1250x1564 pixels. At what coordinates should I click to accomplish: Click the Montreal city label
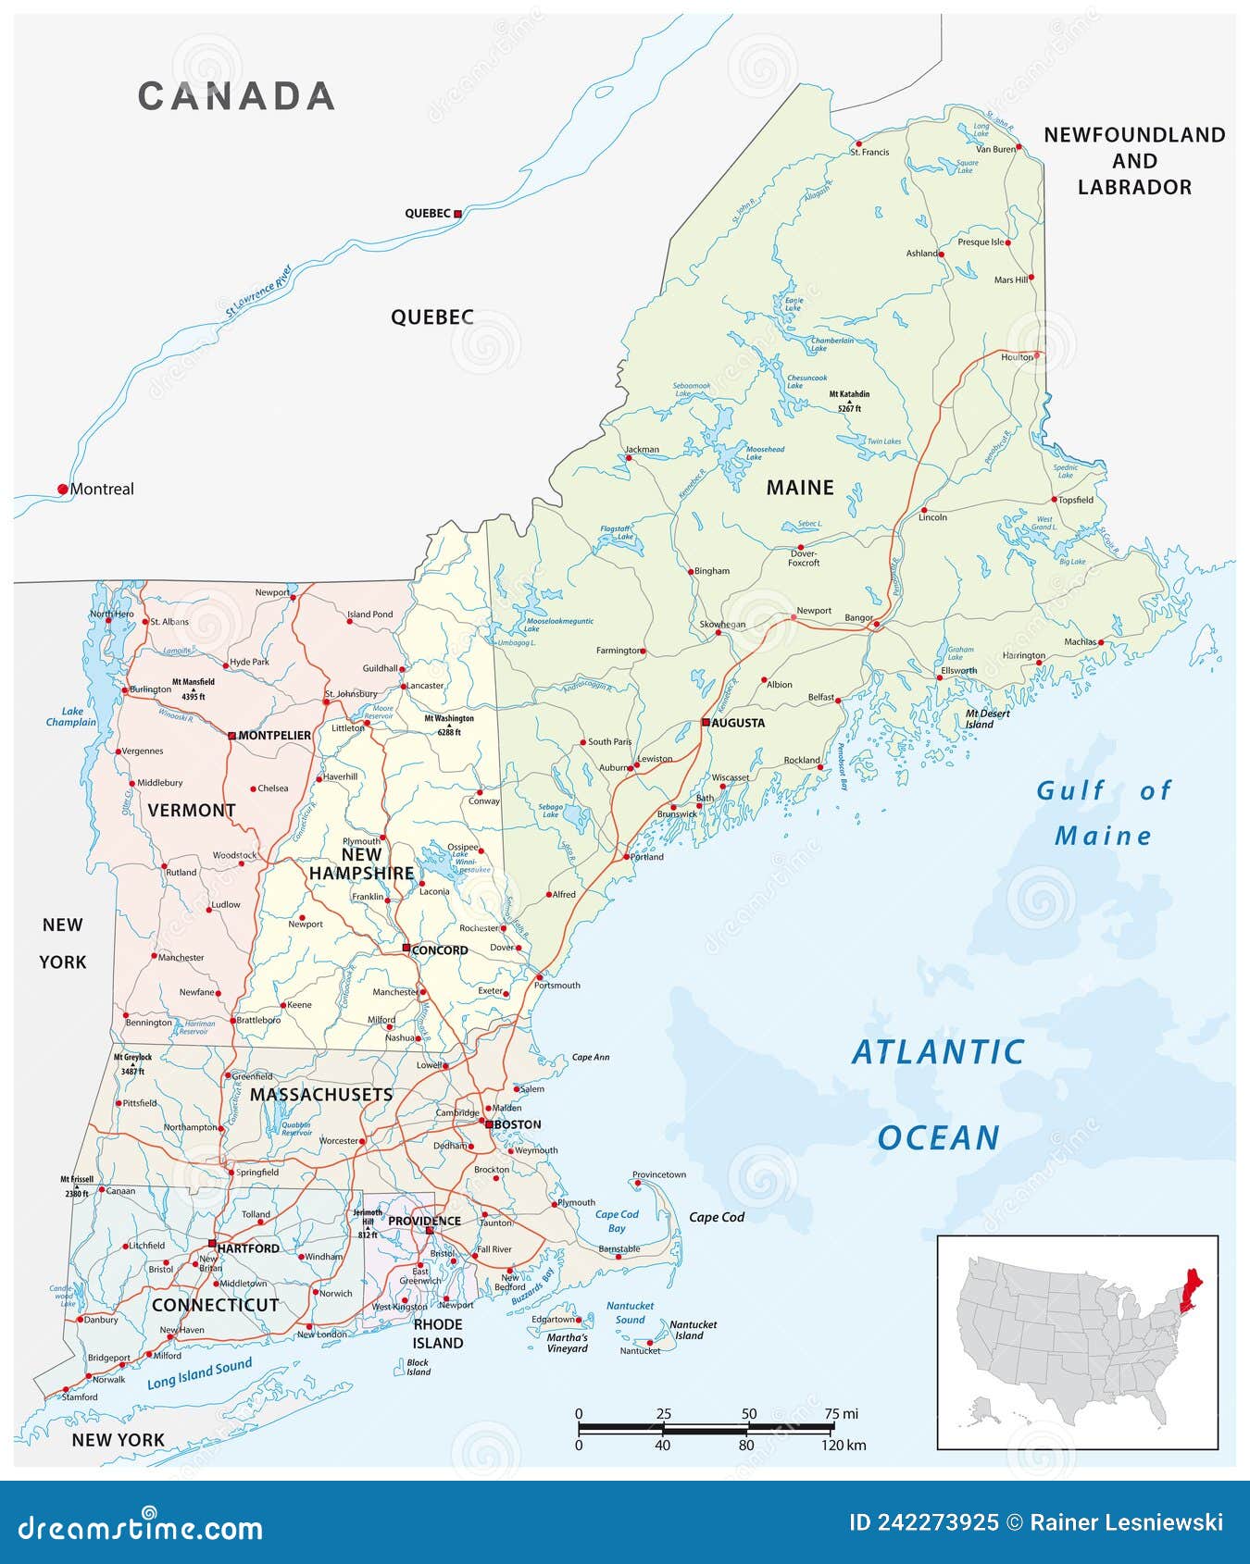pos(102,490)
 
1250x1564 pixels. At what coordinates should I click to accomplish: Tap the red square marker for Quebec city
pos(457,214)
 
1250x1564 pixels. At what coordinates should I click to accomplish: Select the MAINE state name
pos(800,488)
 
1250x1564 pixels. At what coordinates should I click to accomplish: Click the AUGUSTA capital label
pos(738,723)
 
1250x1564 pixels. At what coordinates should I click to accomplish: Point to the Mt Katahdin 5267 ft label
pos(849,401)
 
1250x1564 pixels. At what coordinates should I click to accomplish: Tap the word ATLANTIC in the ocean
pos(937,1052)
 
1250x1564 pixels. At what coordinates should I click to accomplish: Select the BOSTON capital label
pos(517,1124)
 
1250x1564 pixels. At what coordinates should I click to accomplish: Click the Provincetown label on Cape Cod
pos(659,1174)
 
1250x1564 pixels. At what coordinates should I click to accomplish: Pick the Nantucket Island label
pos(693,1330)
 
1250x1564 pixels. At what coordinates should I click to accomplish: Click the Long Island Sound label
pos(199,1373)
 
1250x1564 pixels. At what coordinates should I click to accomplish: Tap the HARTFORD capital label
pos(248,1248)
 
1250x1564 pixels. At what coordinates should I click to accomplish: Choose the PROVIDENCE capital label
pos(424,1221)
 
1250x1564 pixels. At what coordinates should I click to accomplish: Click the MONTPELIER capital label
pos(274,736)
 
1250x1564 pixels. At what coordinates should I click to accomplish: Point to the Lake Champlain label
pos(71,717)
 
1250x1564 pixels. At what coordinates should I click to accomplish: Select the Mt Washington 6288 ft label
pos(449,725)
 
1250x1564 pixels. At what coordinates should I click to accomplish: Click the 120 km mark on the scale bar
pos(843,1445)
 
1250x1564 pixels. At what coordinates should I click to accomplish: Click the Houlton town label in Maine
pos(1017,357)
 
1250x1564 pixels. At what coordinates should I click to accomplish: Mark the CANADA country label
pos(236,96)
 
